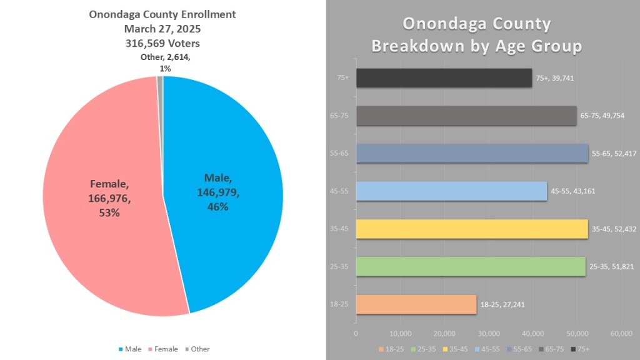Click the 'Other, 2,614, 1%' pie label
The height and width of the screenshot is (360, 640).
(166, 62)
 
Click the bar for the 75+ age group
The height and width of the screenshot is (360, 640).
(444, 78)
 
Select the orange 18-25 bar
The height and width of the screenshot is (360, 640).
(416, 304)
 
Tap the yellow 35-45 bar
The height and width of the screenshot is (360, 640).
(472, 229)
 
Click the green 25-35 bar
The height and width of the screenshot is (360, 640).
(470, 267)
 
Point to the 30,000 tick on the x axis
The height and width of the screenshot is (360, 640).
(489, 332)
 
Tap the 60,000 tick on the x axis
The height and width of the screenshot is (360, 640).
(621, 332)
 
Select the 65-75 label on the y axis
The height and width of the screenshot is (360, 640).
(341, 116)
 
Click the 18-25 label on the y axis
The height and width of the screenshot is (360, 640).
(341, 304)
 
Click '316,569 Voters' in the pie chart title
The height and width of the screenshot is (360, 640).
(162, 43)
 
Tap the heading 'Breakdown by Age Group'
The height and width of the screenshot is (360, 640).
(476, 46)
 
